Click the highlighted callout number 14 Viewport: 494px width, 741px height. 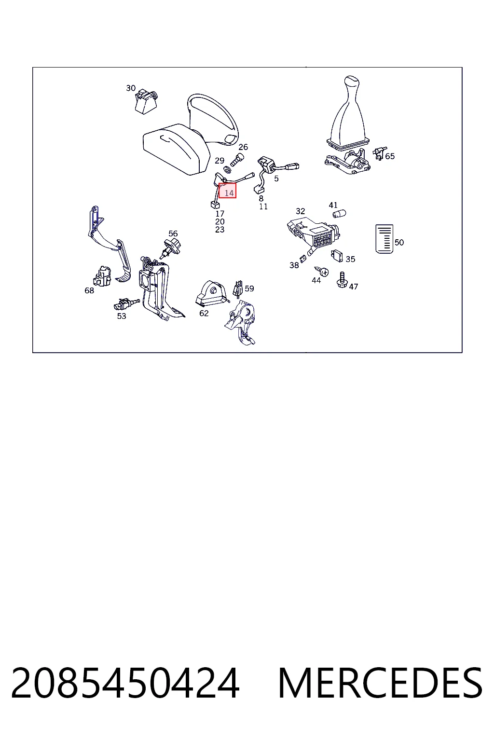coord(229,192)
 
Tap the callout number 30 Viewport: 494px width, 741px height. coord(131,88)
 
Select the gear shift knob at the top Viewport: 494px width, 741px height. coord(351,82)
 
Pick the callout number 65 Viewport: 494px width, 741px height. coord(390,156)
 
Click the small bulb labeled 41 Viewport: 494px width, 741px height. coord(339,213)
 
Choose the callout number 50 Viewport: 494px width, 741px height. coord(399,243)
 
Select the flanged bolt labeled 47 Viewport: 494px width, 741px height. coord(342,280)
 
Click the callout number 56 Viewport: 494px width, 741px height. coord(173,233)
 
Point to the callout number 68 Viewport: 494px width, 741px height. coord(89,290)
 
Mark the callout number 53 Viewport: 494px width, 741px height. coord(122,316)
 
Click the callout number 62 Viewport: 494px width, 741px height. coord(204,313)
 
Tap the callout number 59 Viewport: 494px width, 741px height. coord(249,288)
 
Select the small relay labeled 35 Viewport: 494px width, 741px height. coord(337,256)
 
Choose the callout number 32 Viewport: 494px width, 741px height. coord(300,211)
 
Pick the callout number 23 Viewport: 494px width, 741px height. coord(220,229)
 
